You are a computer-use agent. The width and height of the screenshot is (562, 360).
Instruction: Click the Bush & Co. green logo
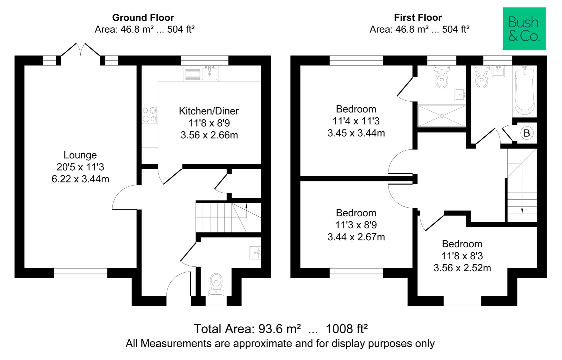[524, 29]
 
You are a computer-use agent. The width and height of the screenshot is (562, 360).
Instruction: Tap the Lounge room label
[80, 155]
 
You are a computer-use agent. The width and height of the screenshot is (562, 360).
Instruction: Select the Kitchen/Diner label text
[209, 111]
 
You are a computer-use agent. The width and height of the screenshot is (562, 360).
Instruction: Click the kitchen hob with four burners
[149, 114]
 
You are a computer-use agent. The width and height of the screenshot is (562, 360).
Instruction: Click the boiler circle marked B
[527, 133]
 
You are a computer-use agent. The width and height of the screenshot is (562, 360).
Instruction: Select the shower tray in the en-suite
[441, 116]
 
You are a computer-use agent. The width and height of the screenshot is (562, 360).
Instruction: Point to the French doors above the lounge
[80, 50]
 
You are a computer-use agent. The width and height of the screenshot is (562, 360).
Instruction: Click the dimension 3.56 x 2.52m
[462, 268]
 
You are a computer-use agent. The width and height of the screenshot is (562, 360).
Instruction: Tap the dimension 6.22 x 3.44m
[80, 179]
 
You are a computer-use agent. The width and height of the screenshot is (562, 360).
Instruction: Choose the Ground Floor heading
[143, 17]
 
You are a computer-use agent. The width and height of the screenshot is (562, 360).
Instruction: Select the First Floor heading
[418, 17]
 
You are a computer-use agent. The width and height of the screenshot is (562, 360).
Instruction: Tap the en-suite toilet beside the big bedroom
[442, 77]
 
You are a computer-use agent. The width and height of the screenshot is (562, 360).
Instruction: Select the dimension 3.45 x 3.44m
[356, 133]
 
